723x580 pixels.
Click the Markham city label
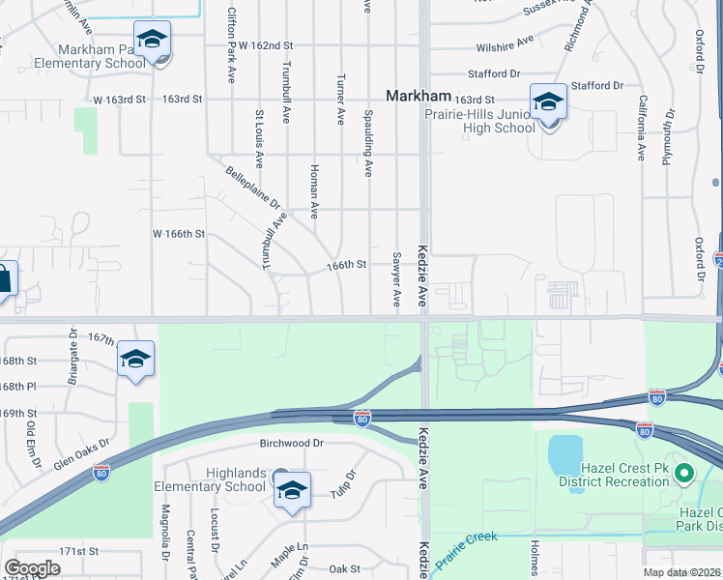419,96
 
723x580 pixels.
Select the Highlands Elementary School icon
291,490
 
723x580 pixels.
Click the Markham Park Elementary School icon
152,40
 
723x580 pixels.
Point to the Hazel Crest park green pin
684,474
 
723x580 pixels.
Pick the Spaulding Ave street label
368,140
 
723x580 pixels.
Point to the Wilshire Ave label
505,43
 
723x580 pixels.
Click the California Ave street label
641,126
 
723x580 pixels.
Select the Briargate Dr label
72,356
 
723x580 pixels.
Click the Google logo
32,568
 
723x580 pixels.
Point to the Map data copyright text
682,572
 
